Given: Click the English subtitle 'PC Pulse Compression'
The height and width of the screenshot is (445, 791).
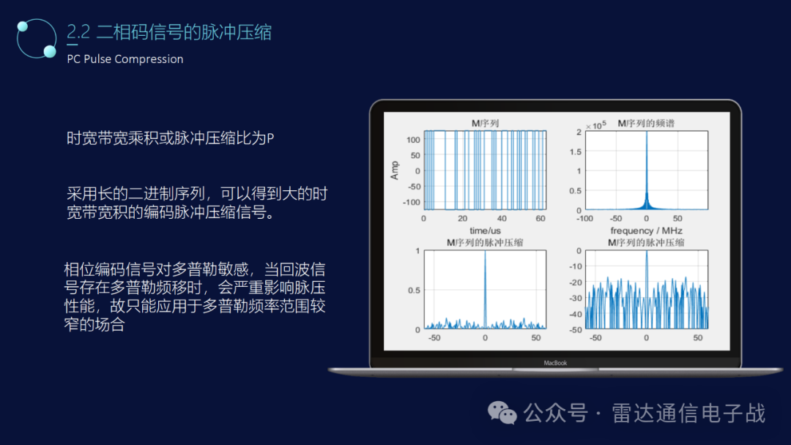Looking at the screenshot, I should tap(125, 59).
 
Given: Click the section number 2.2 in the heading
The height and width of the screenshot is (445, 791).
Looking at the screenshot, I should tap(78, 31).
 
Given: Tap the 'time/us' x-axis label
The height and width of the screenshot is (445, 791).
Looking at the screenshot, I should tap(485, 231).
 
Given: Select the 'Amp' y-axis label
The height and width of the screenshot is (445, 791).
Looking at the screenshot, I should tap(395, 171).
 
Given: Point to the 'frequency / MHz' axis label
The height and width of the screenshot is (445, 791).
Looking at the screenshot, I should tap(646, 231).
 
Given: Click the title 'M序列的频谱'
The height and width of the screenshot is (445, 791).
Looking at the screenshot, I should tap(646, 123).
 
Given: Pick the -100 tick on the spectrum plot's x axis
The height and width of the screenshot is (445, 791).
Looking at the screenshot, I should tap(584, 219).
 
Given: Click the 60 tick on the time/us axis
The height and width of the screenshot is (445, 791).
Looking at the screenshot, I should tap(540, 219).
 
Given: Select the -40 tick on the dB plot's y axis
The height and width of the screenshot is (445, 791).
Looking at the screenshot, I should tap(576, 314).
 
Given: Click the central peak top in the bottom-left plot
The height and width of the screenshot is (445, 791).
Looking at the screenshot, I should tap(485, 253).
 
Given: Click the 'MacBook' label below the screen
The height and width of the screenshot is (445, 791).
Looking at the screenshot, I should tap(555, 362).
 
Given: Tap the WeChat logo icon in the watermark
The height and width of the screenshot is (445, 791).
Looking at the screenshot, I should tap(502, 413).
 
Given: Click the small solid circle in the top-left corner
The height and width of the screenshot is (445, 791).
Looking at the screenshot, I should tap(22, 27).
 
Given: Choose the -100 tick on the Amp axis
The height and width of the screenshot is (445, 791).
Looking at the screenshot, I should tap(412, 202).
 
